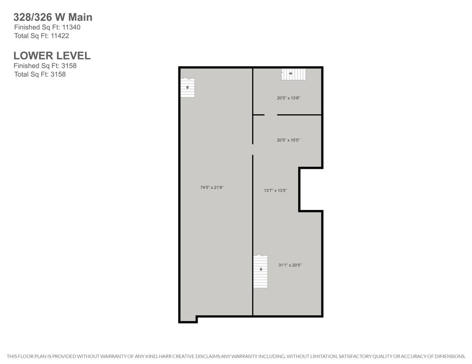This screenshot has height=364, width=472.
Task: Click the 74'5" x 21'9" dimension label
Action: pos(212,188)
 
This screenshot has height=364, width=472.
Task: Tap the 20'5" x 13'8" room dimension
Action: pos(289,98)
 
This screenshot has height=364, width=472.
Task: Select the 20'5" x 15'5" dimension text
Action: pos(288,140)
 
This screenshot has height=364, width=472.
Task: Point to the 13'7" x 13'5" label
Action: pos(275,191)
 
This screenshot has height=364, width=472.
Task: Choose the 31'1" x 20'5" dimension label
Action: pos(290,265)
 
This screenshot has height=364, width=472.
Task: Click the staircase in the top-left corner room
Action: pos(188,88)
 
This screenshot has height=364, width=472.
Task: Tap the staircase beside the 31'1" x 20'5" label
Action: pos(260,272)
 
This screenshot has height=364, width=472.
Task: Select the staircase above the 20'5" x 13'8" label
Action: pos(293,74)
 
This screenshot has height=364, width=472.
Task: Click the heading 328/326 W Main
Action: pos(53,17)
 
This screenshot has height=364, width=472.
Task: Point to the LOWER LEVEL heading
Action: pos(52,55)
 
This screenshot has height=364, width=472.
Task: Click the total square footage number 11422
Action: pos(60,36)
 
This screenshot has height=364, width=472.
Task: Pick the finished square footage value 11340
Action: pos(71,27)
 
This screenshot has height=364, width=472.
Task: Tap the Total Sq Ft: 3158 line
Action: pos(40,74)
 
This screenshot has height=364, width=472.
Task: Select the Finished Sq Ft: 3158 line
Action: pos(45,66)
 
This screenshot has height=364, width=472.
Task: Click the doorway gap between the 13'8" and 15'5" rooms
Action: pos(271,115)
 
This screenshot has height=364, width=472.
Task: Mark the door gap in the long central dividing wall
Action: pos(253,150)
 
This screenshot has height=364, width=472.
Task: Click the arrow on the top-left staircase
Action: pos(188,87)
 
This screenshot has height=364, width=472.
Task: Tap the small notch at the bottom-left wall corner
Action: pos(188,319)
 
